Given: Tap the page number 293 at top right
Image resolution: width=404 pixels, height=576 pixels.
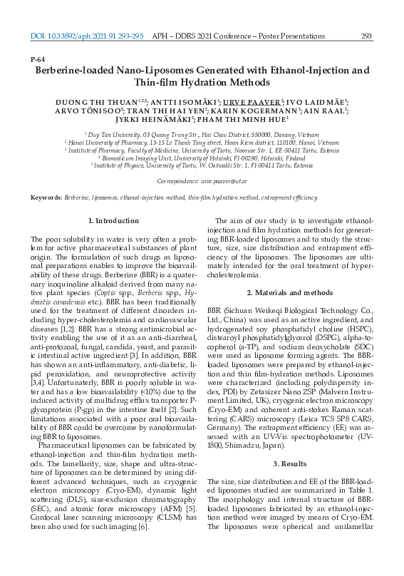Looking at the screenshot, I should (367, 35).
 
